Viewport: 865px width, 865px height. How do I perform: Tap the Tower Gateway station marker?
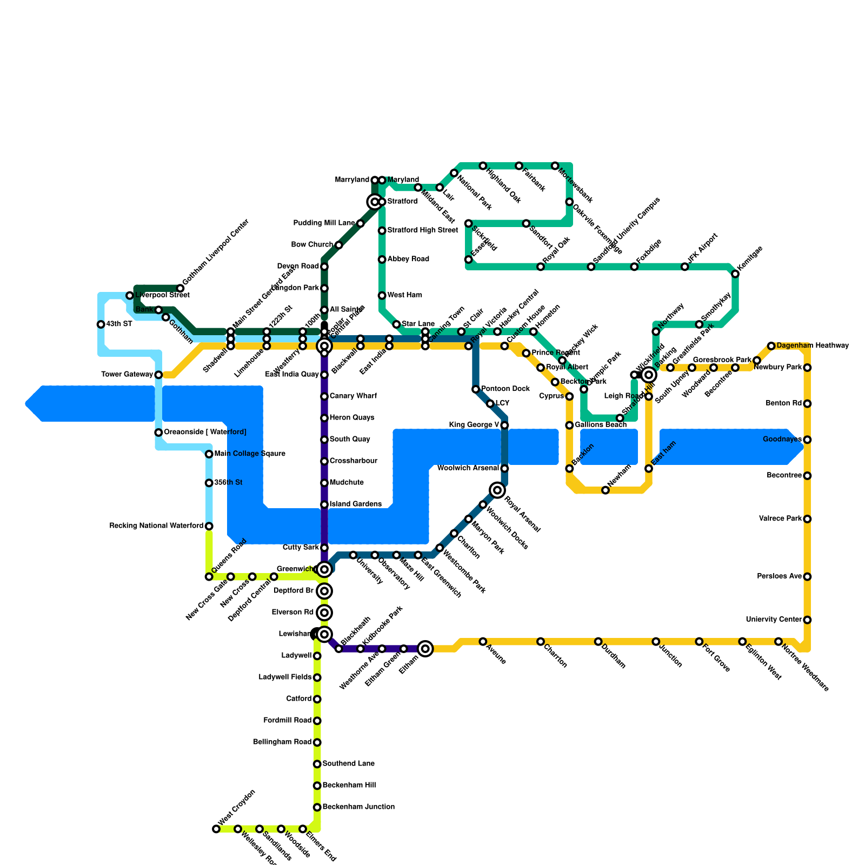click(158, 375)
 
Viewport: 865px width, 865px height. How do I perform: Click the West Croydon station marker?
click(216, 829)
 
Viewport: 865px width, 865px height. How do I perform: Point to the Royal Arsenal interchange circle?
click(497, 490)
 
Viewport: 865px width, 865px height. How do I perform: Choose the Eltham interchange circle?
click(425, 649)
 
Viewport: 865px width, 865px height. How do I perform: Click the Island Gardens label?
click(355, 504)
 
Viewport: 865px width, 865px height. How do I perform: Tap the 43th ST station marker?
click(101, 324)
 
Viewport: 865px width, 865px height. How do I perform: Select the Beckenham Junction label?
click(358, 807)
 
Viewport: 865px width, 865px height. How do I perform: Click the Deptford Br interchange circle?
click(324, 591)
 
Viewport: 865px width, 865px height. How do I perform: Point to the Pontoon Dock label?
click(505, 389)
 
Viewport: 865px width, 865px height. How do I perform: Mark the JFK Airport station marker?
click(685, 267)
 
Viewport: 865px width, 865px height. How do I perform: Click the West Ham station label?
click(404, 296)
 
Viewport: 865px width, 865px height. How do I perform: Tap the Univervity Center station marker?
click(807, 620)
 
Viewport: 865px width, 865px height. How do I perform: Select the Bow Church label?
click(312, 245)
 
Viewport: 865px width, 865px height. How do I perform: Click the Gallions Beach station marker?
click(569, 425)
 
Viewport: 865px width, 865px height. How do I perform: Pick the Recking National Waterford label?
click(156, 526)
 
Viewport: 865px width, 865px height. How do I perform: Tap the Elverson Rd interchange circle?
click(324, 613)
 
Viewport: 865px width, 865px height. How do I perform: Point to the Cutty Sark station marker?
click(324, 548)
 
